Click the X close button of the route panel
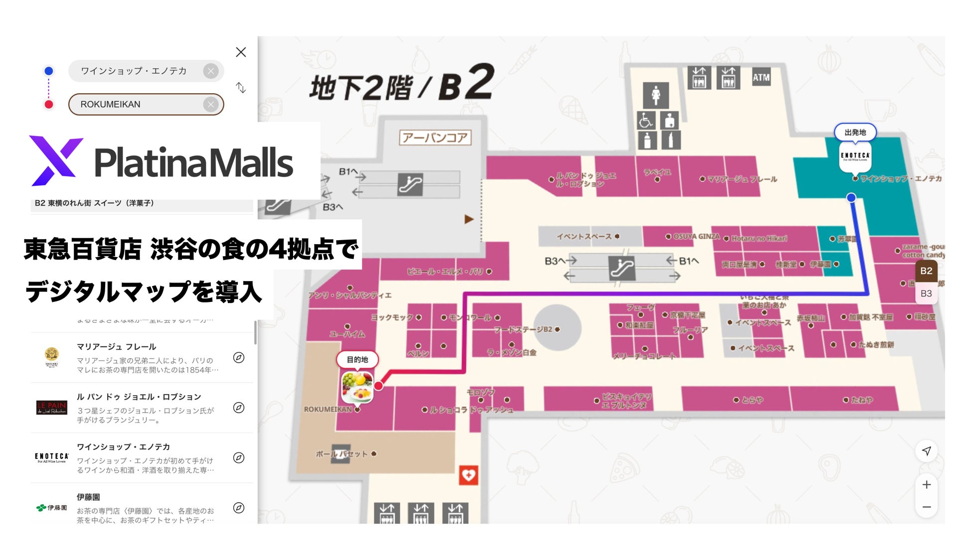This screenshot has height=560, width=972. coord(241,52)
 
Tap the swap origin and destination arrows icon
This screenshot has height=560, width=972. coord(241,88)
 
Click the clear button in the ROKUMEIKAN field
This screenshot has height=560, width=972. coord(211,105)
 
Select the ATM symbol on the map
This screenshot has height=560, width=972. coord(761,78)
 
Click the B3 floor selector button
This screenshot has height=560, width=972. coord(926,293)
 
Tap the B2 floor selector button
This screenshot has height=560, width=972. coord(926,271)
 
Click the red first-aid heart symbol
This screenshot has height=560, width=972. coord(468,475)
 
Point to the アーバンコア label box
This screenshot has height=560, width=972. coord(435,138)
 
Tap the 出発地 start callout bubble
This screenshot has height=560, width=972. coord(855,133)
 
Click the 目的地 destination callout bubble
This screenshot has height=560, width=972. coord(357,360)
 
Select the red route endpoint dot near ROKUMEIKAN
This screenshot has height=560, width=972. coord(379,386)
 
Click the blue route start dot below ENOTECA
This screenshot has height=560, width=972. coord(851,198)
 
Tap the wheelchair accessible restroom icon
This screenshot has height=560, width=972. coord(646,120)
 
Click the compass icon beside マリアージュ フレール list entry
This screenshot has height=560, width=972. coord(239,358)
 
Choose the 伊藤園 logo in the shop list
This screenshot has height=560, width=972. coord(52,508)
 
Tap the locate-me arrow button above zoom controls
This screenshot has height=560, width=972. coord(926,451)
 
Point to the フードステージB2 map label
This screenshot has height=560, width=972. coord(523,329)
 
